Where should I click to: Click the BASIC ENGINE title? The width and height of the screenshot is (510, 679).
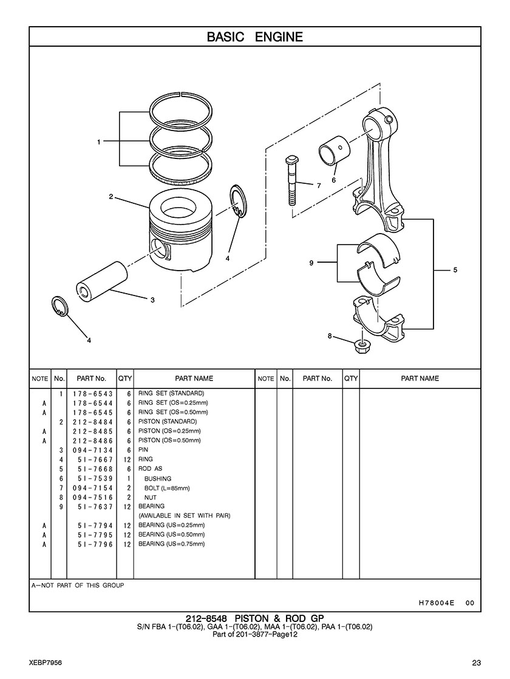255,37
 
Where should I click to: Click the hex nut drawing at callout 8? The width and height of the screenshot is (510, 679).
361,345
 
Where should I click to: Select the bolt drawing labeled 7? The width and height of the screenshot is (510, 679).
290,181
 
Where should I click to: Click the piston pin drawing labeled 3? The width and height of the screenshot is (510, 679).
102,281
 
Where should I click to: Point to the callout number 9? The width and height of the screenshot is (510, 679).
311,262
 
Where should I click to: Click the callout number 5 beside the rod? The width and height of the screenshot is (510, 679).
455,270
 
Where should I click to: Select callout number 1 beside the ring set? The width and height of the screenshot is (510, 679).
99,141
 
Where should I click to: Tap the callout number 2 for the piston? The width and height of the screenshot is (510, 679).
111,197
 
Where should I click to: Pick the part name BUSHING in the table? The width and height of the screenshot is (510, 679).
158,479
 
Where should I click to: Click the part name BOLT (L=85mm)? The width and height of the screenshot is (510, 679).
167,488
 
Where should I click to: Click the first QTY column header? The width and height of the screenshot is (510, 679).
125,379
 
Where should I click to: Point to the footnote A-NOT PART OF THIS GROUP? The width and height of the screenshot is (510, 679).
78,586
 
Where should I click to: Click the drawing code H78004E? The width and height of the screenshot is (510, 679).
437,603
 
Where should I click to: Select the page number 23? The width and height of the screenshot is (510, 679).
476,663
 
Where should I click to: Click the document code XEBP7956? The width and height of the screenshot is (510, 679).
46,663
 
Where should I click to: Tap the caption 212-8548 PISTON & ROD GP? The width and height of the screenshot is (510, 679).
255,618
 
